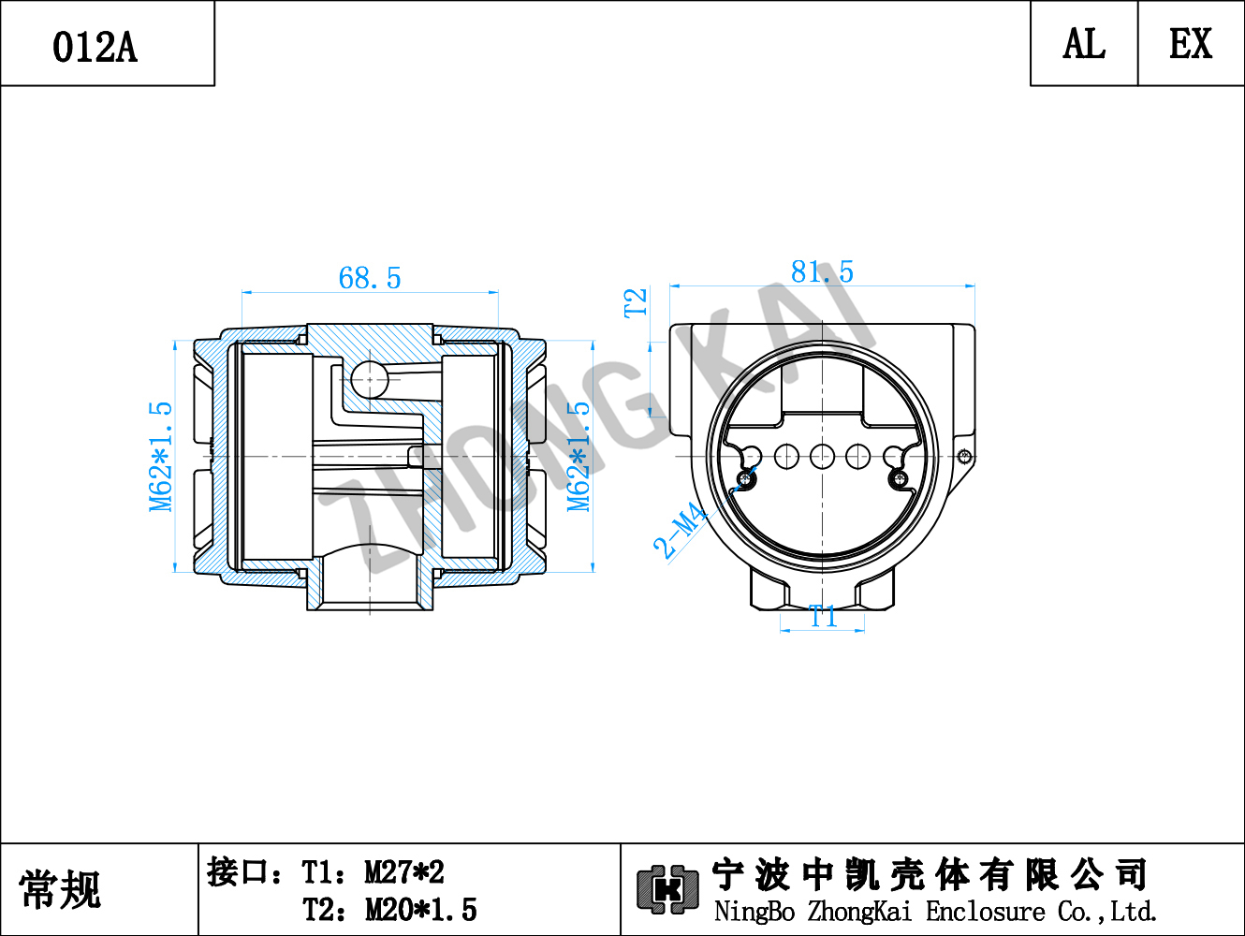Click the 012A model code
[x=95, y=47]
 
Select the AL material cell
[x=1084, y=43]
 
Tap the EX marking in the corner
[x=1191, y=43]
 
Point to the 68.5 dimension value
[x=369, y=278]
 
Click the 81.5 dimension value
[x=822, y=271]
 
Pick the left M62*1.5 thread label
[x=160, y=457]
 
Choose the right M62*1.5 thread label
[x=579, y=457]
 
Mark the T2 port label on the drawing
[x=636, y=302]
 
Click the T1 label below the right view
[x=823, y=616]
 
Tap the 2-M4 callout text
[x=681, y=530]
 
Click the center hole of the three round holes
[x=822, y=456]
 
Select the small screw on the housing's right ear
[x=964, y=456]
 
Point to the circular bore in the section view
[x=370, y=379]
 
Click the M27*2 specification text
[x=403, y=872]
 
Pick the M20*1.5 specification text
[x=421, y=910]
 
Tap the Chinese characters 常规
[x=60, y=889]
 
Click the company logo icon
[x=667, y=889]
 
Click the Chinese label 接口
[x=237, y=872]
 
